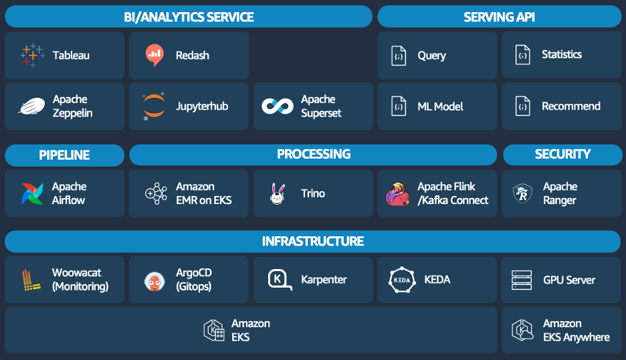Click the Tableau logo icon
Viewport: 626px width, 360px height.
pyautogui.click(x=32, y=56)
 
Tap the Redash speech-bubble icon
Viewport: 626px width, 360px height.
pyautogui.click(x=154, y=56)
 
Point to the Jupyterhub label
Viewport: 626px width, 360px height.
pyautogui.click(x=202, y=106)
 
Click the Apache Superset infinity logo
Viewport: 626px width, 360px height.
pyautogui.click(x=278, y=106)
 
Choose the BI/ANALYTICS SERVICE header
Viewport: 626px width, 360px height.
pyautogui.click(x=189, y=17)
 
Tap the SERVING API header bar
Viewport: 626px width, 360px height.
pyautogui.click(x=499, y=17)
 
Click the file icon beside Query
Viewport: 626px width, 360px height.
pyautogui.click(x=399, y=56)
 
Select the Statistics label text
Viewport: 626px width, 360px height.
pyautogui.click(x=561, y=55)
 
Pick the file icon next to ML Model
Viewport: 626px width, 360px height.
pyautogui.click(x=399, y=106)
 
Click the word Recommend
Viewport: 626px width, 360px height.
pyautogui.click(x=570, y=106)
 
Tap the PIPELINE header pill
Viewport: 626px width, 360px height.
pyautogui.click(x=64, y=155)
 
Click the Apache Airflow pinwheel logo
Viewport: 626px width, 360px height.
pyautogui.click(x=31, y=193)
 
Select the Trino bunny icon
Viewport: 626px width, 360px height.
pyautogui.click(x=278, y=194)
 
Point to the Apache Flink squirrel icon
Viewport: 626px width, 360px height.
pyautogui.click(x=397, y=194)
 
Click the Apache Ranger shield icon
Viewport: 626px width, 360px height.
pyautogui.click(x=522, y=193)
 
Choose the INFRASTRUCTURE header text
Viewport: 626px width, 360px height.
pyautogui.click(x=313, y=242)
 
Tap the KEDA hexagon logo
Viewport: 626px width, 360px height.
pyautogui.click(x=402, y=280)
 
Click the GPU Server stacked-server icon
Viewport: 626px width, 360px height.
pyautogui.click(x=522, y=280)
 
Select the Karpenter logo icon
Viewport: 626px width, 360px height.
pyautogui.click(x=280, y=280)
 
